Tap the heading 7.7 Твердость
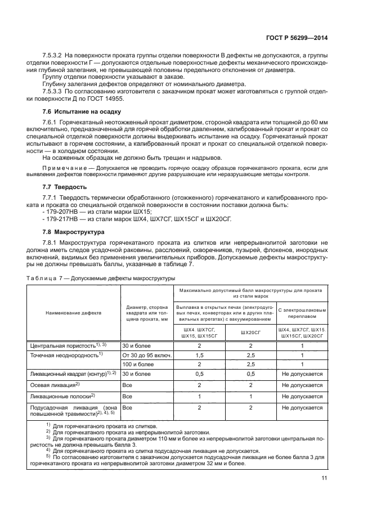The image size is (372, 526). coord(64,185)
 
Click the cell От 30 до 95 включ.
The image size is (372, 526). coord(146,356)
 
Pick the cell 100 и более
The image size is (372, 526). coord(138,365)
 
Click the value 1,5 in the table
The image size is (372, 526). coord(199,356)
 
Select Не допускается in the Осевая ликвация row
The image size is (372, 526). coord(302,385)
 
